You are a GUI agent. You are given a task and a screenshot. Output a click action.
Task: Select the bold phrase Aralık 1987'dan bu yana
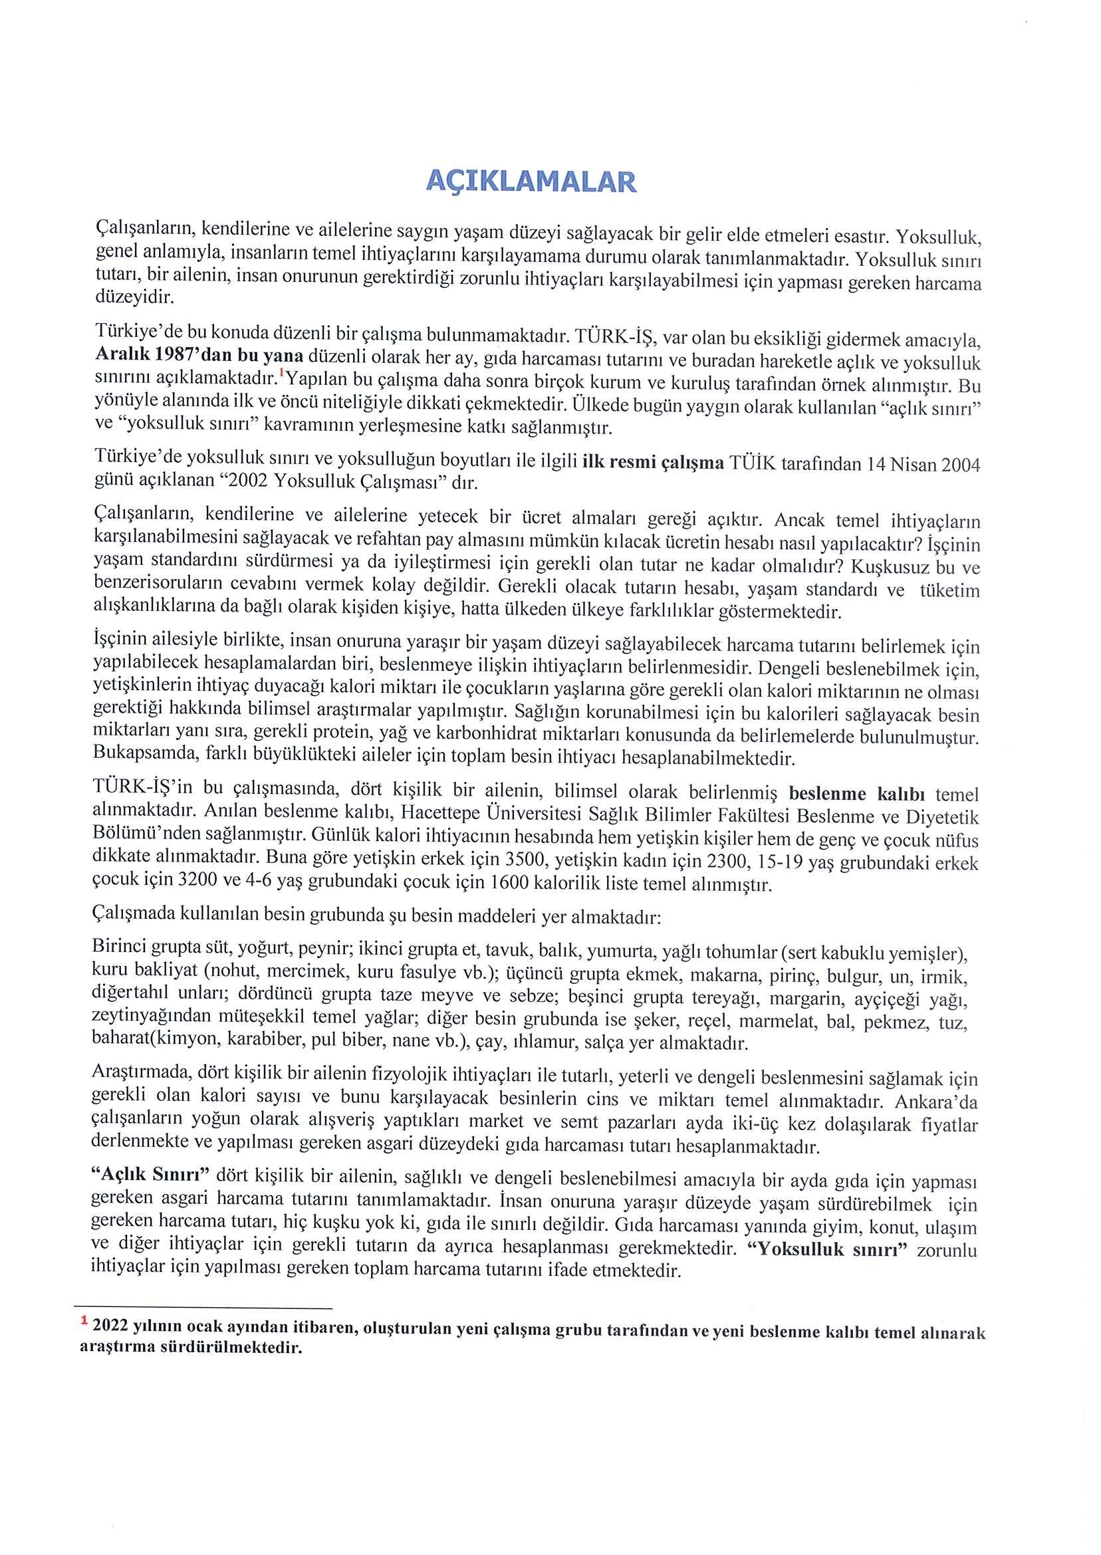(200, 355)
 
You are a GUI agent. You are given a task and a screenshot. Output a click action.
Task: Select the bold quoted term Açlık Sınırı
(153, 1175)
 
